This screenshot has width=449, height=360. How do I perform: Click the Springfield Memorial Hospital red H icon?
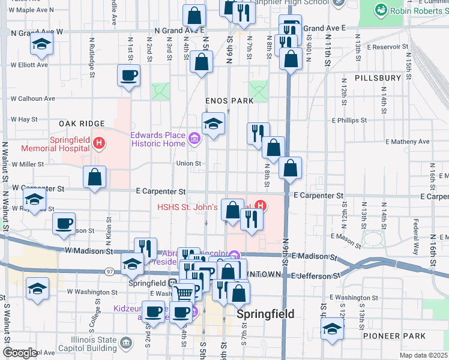[x=100, y=143]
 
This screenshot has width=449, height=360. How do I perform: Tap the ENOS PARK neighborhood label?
[x=229, y=101]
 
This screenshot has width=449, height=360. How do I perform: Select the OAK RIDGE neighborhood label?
[x=79, y=123]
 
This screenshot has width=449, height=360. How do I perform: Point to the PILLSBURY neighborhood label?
[x=378, y=78]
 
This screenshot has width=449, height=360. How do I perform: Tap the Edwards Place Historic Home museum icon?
[x=194, y=140]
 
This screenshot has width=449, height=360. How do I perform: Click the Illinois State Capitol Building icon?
[x=125, y=343]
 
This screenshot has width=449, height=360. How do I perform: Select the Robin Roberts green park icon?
[x=380, y=10]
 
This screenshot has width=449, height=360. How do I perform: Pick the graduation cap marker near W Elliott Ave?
[x=41, y=44]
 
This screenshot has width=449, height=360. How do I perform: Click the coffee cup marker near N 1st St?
[x=128, y=76]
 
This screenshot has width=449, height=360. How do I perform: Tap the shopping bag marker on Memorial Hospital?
[x=94, y=177]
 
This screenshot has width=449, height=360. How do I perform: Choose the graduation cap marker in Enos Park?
[x=213, y=124]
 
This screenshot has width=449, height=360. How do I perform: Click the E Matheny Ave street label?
[x=407, y=142]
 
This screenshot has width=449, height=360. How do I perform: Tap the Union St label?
[x=185, y=163]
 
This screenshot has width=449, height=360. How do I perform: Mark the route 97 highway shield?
[x=110, y=272]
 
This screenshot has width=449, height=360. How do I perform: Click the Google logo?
[x=20, y=353]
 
